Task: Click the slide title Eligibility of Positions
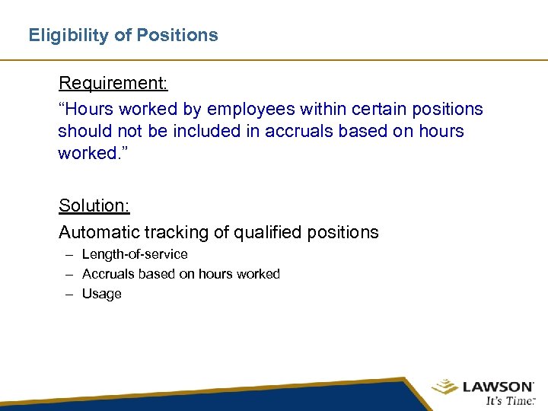[x=123, y=35]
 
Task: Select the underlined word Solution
[x=94, y=205]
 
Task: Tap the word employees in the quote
[x=256, y=110]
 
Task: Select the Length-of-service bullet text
[x=135, y=254]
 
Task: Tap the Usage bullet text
[x=101, y=294]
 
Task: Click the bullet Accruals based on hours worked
[x=180, y=274]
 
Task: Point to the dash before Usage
[x=68, y=294]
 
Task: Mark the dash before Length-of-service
[x=68, y=254]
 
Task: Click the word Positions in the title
[x=181, y=35]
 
